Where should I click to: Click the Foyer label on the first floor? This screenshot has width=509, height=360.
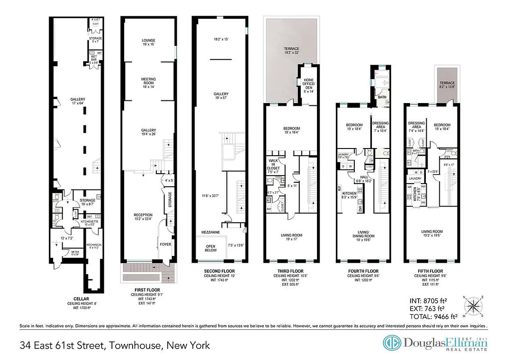click(x=165, y=244)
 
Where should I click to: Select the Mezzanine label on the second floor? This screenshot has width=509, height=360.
click(x=210, y=233)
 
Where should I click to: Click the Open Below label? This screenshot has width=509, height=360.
click(x=210, y=248)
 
